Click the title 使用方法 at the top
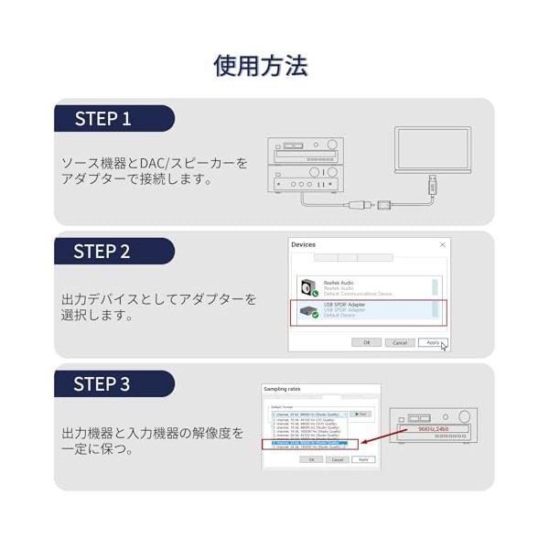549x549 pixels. click(x=261, y=65)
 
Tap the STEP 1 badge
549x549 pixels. click(x=103, y=119)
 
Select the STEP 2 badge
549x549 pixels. click(x=102, y=252)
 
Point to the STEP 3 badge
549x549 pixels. click(x=102, y=384)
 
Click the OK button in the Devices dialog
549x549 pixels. click(x=366, y=342)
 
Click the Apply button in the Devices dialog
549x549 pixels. click(x=430, y=342)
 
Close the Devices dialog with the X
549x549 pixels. click(x=443, y=245)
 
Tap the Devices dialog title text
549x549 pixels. click(x=303, y=245)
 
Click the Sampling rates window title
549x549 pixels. click(x=282, y=389)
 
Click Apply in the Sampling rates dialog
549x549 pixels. click(x=363, y=459)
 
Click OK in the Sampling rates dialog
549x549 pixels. click(x=311, y=459)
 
